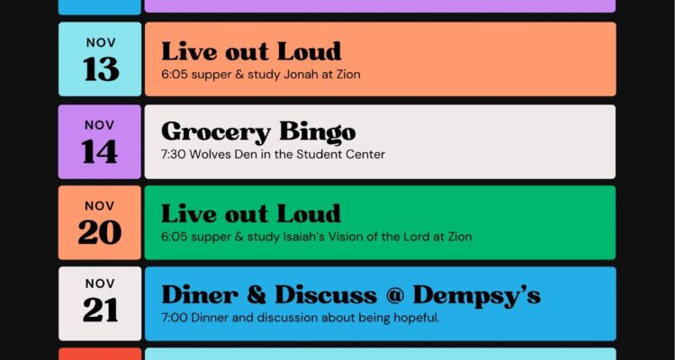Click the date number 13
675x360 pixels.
coord(101,69)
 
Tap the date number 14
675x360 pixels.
coord(99,151)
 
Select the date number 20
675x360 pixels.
coord(99,232)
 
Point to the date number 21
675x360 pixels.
coord(100,310)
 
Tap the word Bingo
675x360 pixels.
coord(318,132)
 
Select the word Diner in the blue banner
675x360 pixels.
coord(199,295)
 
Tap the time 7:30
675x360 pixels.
coord(174,154)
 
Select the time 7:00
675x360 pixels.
coord(175,319)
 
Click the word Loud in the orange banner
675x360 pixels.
coord(309,51)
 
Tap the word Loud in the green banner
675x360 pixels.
coord(309,213)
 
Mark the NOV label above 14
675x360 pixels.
coord(99,125)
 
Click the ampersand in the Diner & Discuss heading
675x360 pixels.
coord(256,295)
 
